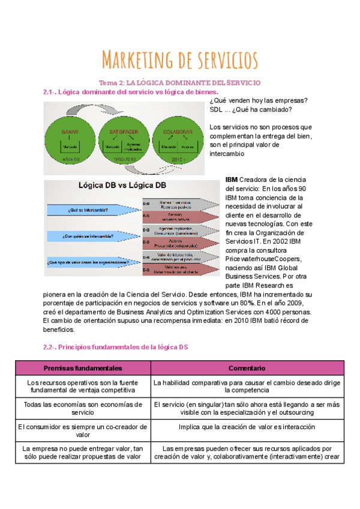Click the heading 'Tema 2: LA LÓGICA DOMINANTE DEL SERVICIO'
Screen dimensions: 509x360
pos(180,82)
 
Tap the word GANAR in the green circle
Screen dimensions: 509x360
pos(70,131)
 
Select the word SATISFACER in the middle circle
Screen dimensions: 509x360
pos(124,131)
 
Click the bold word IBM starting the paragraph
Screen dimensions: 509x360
pos(231,179)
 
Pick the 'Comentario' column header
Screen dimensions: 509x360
pos(247,367)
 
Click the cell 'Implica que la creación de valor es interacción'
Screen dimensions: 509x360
pos(247,427)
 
